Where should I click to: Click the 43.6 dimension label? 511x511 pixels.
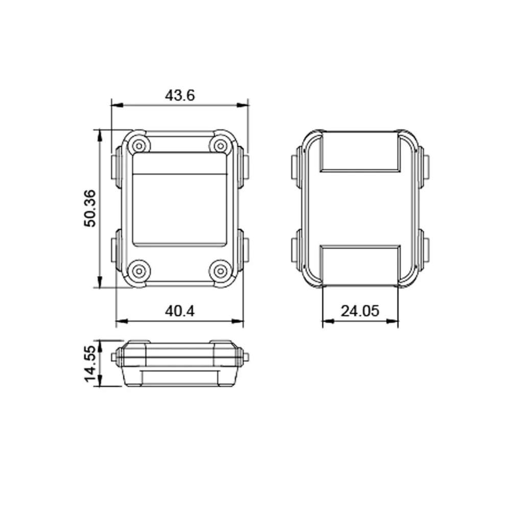179,96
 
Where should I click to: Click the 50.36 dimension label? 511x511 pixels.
90,208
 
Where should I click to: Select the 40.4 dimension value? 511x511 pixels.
179,311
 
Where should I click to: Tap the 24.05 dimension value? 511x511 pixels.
360,311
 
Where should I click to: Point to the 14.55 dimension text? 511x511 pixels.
90,363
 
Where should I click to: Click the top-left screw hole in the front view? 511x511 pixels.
139,146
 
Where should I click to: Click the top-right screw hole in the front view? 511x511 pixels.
221,146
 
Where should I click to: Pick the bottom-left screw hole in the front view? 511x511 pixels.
139,271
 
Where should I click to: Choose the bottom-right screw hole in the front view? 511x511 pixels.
221,271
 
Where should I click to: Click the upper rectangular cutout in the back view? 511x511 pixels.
360,152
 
